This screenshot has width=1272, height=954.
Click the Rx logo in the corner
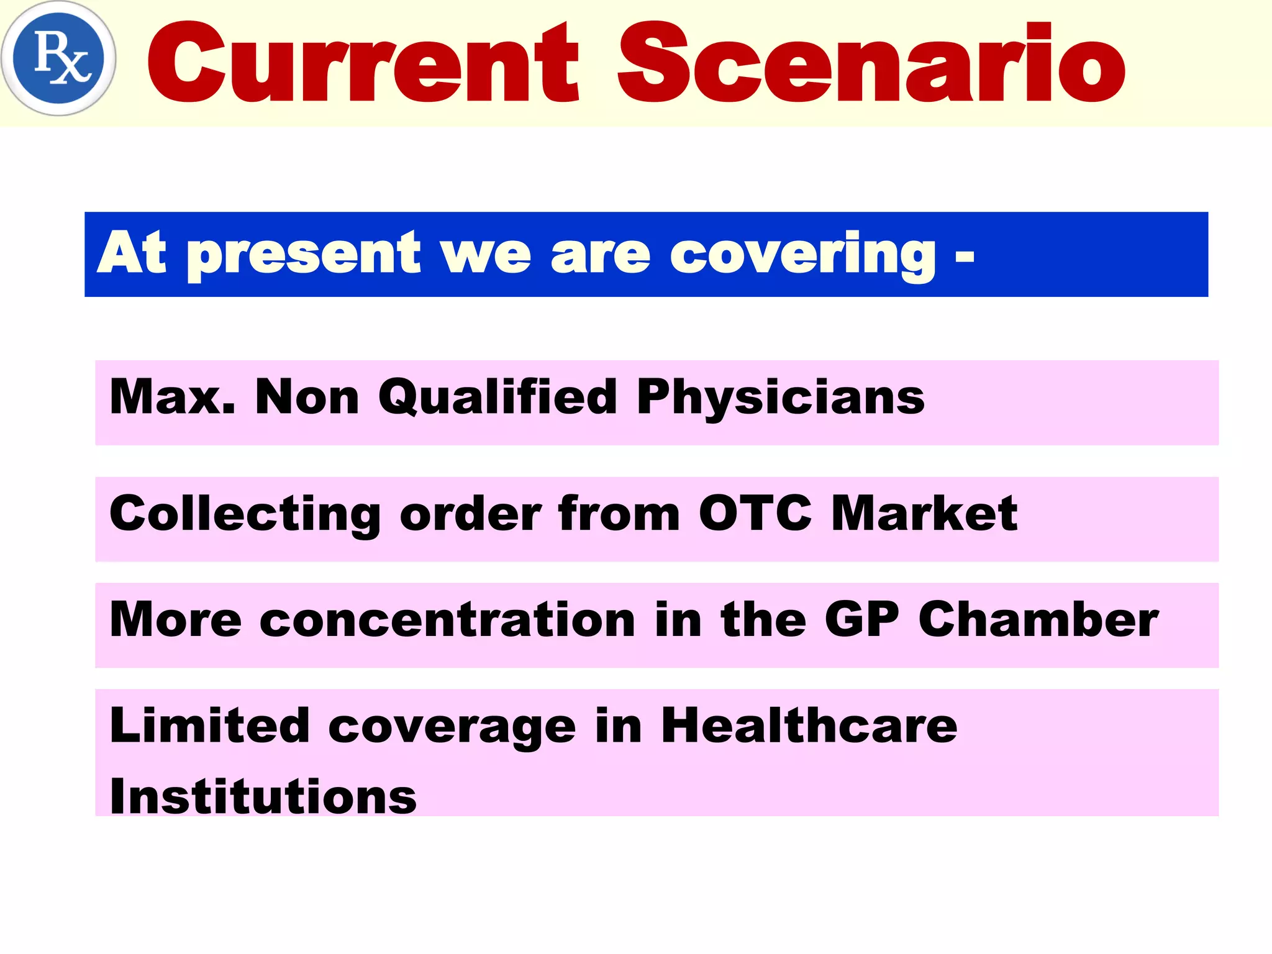click(x=58, y=58)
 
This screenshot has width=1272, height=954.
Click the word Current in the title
click(x=363, y=62)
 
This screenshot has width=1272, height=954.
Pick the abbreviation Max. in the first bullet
click(x=173, y=397)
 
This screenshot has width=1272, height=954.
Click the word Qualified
click(x=497, y=397)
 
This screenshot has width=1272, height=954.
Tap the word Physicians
click(x=781, y=397)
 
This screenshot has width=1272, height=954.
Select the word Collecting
click(x=245, y=514)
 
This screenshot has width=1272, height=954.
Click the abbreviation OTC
click(x=755, y=514)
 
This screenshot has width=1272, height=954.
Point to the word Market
click(x=924, y=514)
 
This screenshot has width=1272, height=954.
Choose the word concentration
click(x=448, y=620)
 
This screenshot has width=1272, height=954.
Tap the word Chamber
click(x=1038, y=620)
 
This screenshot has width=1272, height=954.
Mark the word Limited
click(x=210, y=725)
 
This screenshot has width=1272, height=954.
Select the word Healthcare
click(x=809, y=725)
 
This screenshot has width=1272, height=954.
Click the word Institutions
click(x=263, y=797)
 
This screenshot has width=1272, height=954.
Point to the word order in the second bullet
click(x=471, y=514)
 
